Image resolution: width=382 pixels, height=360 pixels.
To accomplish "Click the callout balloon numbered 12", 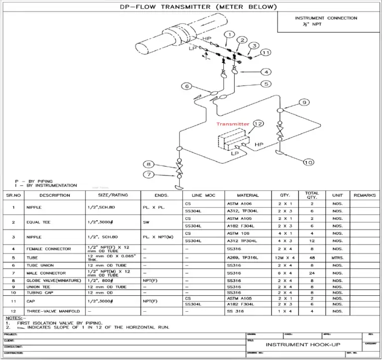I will tap(257, 123).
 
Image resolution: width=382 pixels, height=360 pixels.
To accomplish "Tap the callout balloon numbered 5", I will tap(267, 84).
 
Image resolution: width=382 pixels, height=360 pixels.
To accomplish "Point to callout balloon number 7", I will tap(149, 174).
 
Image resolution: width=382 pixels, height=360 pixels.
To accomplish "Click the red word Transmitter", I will tap(232, 124).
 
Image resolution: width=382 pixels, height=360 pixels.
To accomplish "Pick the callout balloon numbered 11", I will tap(266, 52).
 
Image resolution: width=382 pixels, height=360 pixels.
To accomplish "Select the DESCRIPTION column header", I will tap(55, 195).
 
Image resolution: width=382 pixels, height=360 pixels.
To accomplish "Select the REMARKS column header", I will tap(364, 195).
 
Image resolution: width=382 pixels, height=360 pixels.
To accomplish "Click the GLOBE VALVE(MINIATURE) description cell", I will tap(47, 281).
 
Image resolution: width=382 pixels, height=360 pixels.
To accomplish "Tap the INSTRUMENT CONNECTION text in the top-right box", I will tap(326, 18).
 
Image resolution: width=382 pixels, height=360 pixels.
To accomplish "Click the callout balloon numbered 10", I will tap(308, 162).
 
